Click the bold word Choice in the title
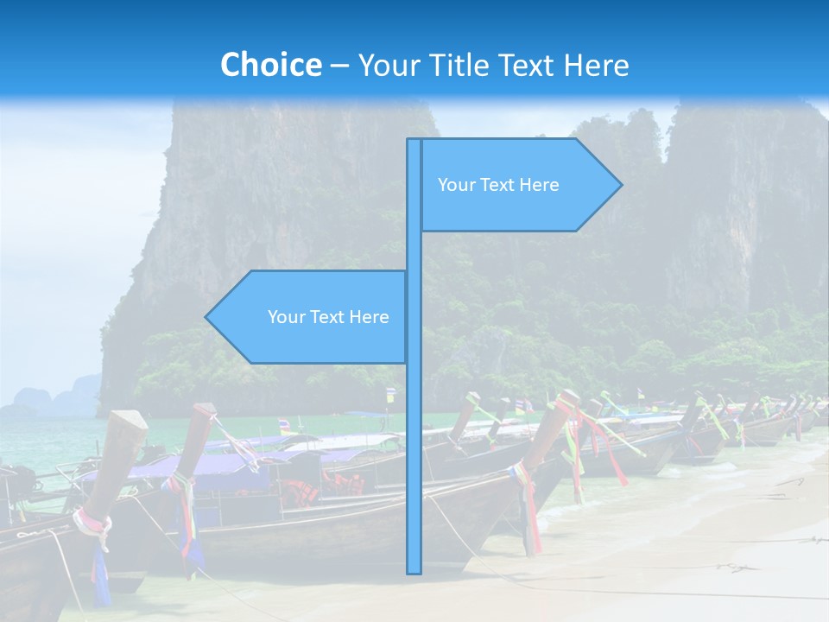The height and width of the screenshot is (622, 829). tap(270, 65)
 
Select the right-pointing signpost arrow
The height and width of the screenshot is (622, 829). tap(518, 185)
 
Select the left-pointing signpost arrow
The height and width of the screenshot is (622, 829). tap(307, 316)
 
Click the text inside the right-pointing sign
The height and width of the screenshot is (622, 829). tap(498, 185)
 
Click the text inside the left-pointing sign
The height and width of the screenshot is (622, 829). tap(328, 317)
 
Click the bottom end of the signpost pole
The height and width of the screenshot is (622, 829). tap(414, 570)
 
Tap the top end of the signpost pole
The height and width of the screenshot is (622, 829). tap(414, 142)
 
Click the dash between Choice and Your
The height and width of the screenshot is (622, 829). tap(339, 66)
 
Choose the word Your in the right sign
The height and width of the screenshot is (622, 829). tap(455, 185)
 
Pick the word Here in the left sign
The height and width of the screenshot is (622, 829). tap(369, 317)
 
